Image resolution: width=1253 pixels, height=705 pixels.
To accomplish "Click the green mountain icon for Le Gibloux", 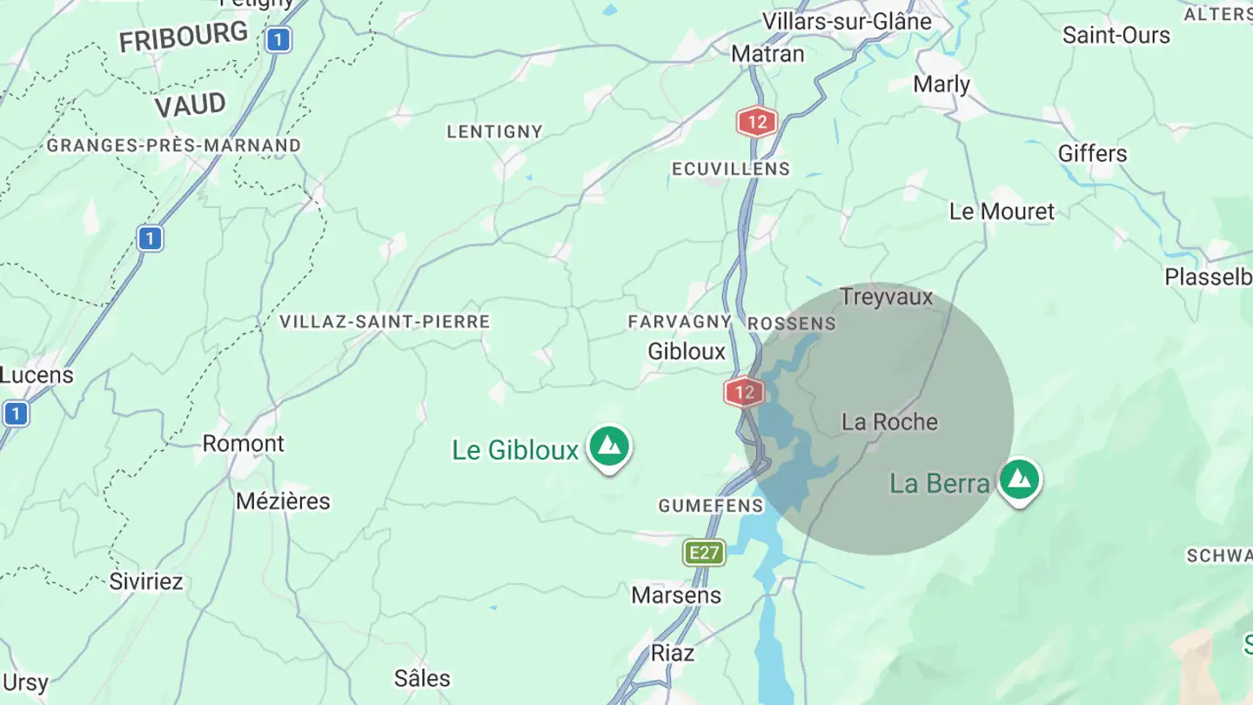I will (609, 446).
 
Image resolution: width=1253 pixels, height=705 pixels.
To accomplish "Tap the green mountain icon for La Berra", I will (1019, 480).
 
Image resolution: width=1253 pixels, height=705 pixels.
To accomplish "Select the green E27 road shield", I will (704, 553).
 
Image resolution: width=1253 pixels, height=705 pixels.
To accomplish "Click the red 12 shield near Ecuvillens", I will (756, 122).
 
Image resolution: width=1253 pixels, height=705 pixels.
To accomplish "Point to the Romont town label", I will (243, 444).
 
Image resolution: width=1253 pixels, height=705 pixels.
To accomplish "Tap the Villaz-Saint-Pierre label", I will (385, 322).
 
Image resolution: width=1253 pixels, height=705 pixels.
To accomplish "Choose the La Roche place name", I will (889, 422).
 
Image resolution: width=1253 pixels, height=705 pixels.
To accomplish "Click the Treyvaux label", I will (886, 297).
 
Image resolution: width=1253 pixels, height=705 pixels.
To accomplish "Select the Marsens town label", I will (676, 595).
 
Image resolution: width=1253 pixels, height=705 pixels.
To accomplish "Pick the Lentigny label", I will (494, 132).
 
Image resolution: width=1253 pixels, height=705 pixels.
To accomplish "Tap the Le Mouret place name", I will (1001, 211).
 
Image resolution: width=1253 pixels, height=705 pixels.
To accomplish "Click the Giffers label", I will (1092, 154).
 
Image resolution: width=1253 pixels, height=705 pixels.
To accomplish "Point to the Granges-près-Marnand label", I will (173, 145).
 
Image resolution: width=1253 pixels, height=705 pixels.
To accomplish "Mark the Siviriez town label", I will (146, 581).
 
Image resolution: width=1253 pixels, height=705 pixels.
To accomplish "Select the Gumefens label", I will (711, 506).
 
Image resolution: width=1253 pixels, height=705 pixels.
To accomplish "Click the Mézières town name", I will (283, 501).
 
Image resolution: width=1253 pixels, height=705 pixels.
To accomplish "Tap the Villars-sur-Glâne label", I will (846, 21).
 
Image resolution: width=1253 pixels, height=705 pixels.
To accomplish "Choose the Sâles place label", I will (422, 678).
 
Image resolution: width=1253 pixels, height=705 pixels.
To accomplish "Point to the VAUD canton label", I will (190, 106).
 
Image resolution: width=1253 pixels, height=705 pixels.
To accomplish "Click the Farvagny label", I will (679, 322).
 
